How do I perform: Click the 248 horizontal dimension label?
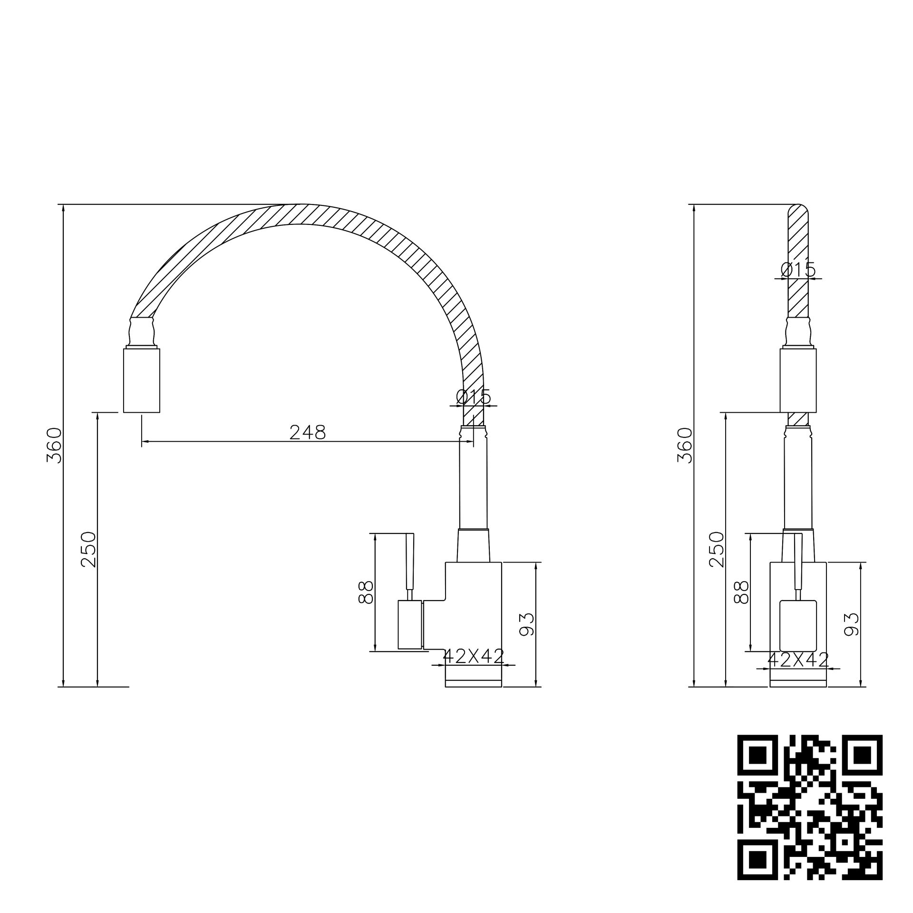pyautogui.click(x=307, y=432)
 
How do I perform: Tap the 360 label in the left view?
pyautogui.click(x=54, y=445)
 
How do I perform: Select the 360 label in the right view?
pyautogui.click(x=685, y=445)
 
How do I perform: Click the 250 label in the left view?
pyautogui.click(x=88, y=549)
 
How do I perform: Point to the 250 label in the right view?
pyautogui.click(x=716, y=549)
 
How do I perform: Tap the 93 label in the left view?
pyautogui.click(x=526, y=624)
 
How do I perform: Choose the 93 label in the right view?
pyautogui.click(x=851, y=624)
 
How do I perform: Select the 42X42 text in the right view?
pyautogui.click(x=798, y=660)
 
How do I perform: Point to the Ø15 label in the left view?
pyautogui.click(x=473, y=397)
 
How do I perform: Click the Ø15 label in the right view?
pyautogui.click(x=798, y=270)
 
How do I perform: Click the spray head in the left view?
pyautogui.click(x=142, y=380)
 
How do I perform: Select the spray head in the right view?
pyautogui.click(x=798, y=380)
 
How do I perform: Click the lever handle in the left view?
pyautogui.click(x=410, y=561)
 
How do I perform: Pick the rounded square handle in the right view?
pyautogui.click(x=798, y=625)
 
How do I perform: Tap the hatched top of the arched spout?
pyautogui.click(x=300, y=214)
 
